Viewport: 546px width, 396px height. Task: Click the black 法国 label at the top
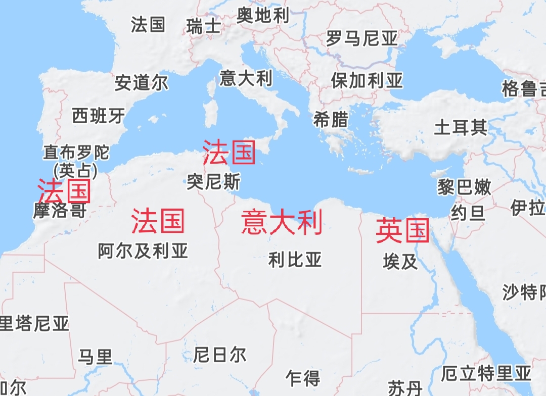[148, 24]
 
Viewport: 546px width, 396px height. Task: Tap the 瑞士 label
[203, 26]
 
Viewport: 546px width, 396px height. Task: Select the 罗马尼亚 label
[361, 38]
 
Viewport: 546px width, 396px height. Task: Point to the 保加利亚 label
[367, 80]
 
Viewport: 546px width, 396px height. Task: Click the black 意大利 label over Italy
[246, 78]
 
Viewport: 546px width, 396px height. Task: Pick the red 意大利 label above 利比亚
[282, 223]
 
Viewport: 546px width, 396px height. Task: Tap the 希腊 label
[331, 120]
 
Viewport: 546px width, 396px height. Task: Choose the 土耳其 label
[461, 127]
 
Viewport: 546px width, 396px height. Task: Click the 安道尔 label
[142, 83]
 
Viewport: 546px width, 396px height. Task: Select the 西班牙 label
[98, 116]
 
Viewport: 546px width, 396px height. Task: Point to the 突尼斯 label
[213, 182]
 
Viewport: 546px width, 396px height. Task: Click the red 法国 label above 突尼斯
[229, 153]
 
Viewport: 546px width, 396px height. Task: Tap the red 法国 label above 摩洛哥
[64, 191]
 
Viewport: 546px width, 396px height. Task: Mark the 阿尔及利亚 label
[143, 251]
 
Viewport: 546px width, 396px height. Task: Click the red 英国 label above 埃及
[402, 231]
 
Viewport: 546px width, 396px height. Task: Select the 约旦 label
[468, 213]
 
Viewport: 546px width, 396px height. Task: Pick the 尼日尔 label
[219, 355]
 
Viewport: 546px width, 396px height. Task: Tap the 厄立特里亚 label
[486, 374]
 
